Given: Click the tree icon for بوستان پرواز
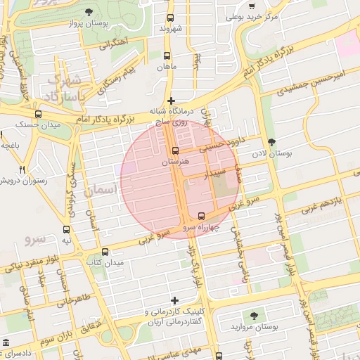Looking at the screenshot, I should [89, 12].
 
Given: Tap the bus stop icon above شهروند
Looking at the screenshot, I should [169, 18].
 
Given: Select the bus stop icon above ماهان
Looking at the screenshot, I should [167, 56].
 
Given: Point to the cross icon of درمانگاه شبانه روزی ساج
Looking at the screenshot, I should [171, 101].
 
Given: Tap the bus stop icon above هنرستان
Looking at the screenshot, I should [175, 150].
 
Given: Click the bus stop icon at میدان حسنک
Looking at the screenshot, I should [38, 114].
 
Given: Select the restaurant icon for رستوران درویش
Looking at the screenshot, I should [22, 169].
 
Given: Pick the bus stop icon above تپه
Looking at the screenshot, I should [67, 229].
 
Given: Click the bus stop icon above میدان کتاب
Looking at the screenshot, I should [105, 252].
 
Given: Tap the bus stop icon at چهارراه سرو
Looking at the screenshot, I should [202, 216].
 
